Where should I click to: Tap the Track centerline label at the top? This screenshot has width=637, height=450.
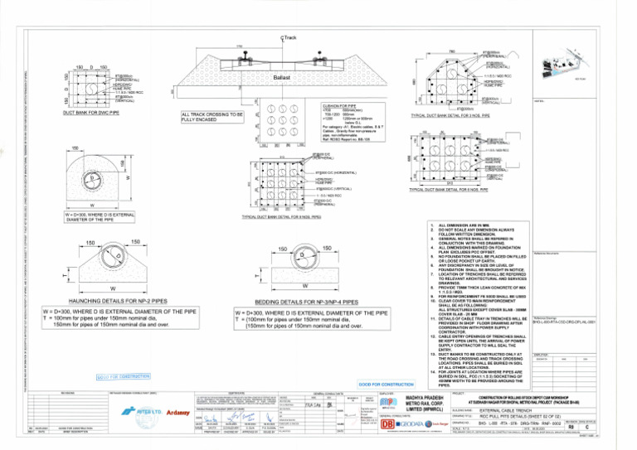pyautogui.click(x=289, y=38)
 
